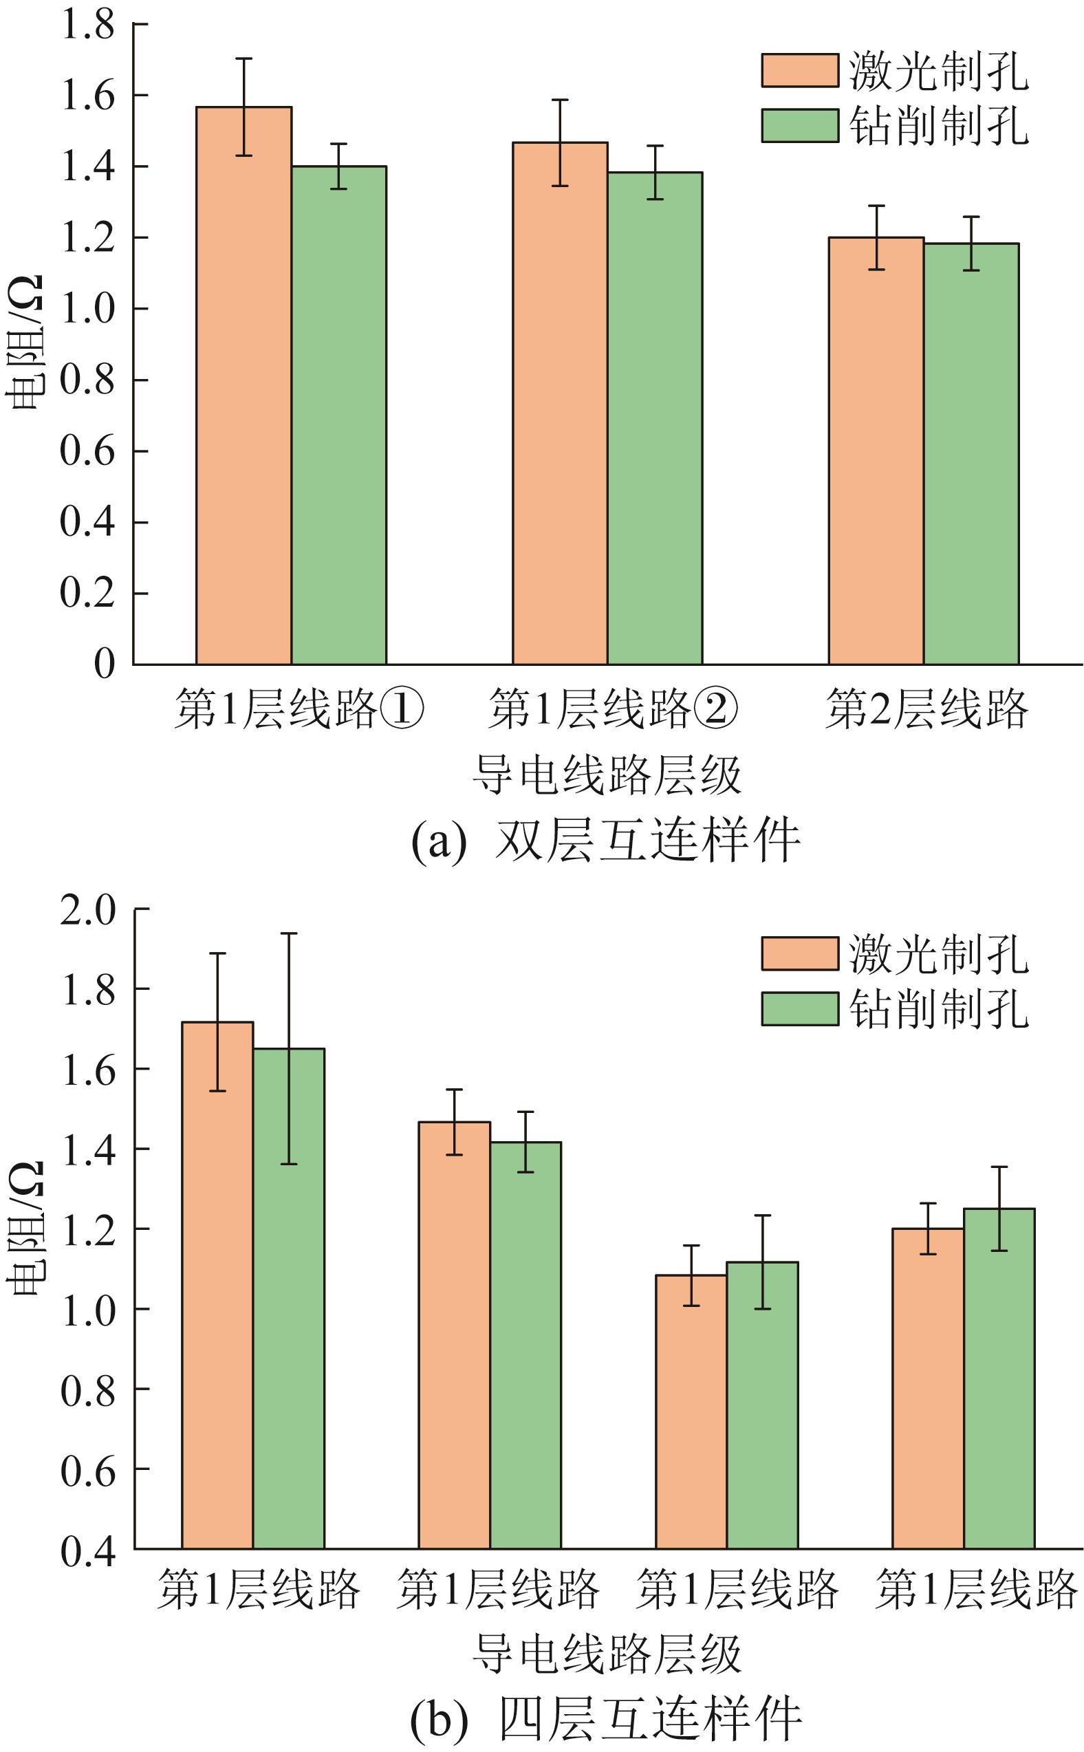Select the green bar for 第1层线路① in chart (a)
click(x=338, y=415)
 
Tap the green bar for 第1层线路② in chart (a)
click(x=655, y=419)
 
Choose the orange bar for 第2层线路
click(x=876, y=451)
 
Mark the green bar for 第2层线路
click(x=971, y=455)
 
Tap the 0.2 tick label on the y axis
click(x=87, y=594)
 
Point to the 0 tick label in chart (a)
click(x=105, y=664)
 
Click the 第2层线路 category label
click(x=926, y=710)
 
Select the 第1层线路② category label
click(x=613, y=710)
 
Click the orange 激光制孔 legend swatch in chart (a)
click(x=799, y=71)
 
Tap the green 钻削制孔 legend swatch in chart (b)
click(x=799, y=1008)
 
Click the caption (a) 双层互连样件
click(x=606, y=841)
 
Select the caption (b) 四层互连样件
click(x=606, y=1719)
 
